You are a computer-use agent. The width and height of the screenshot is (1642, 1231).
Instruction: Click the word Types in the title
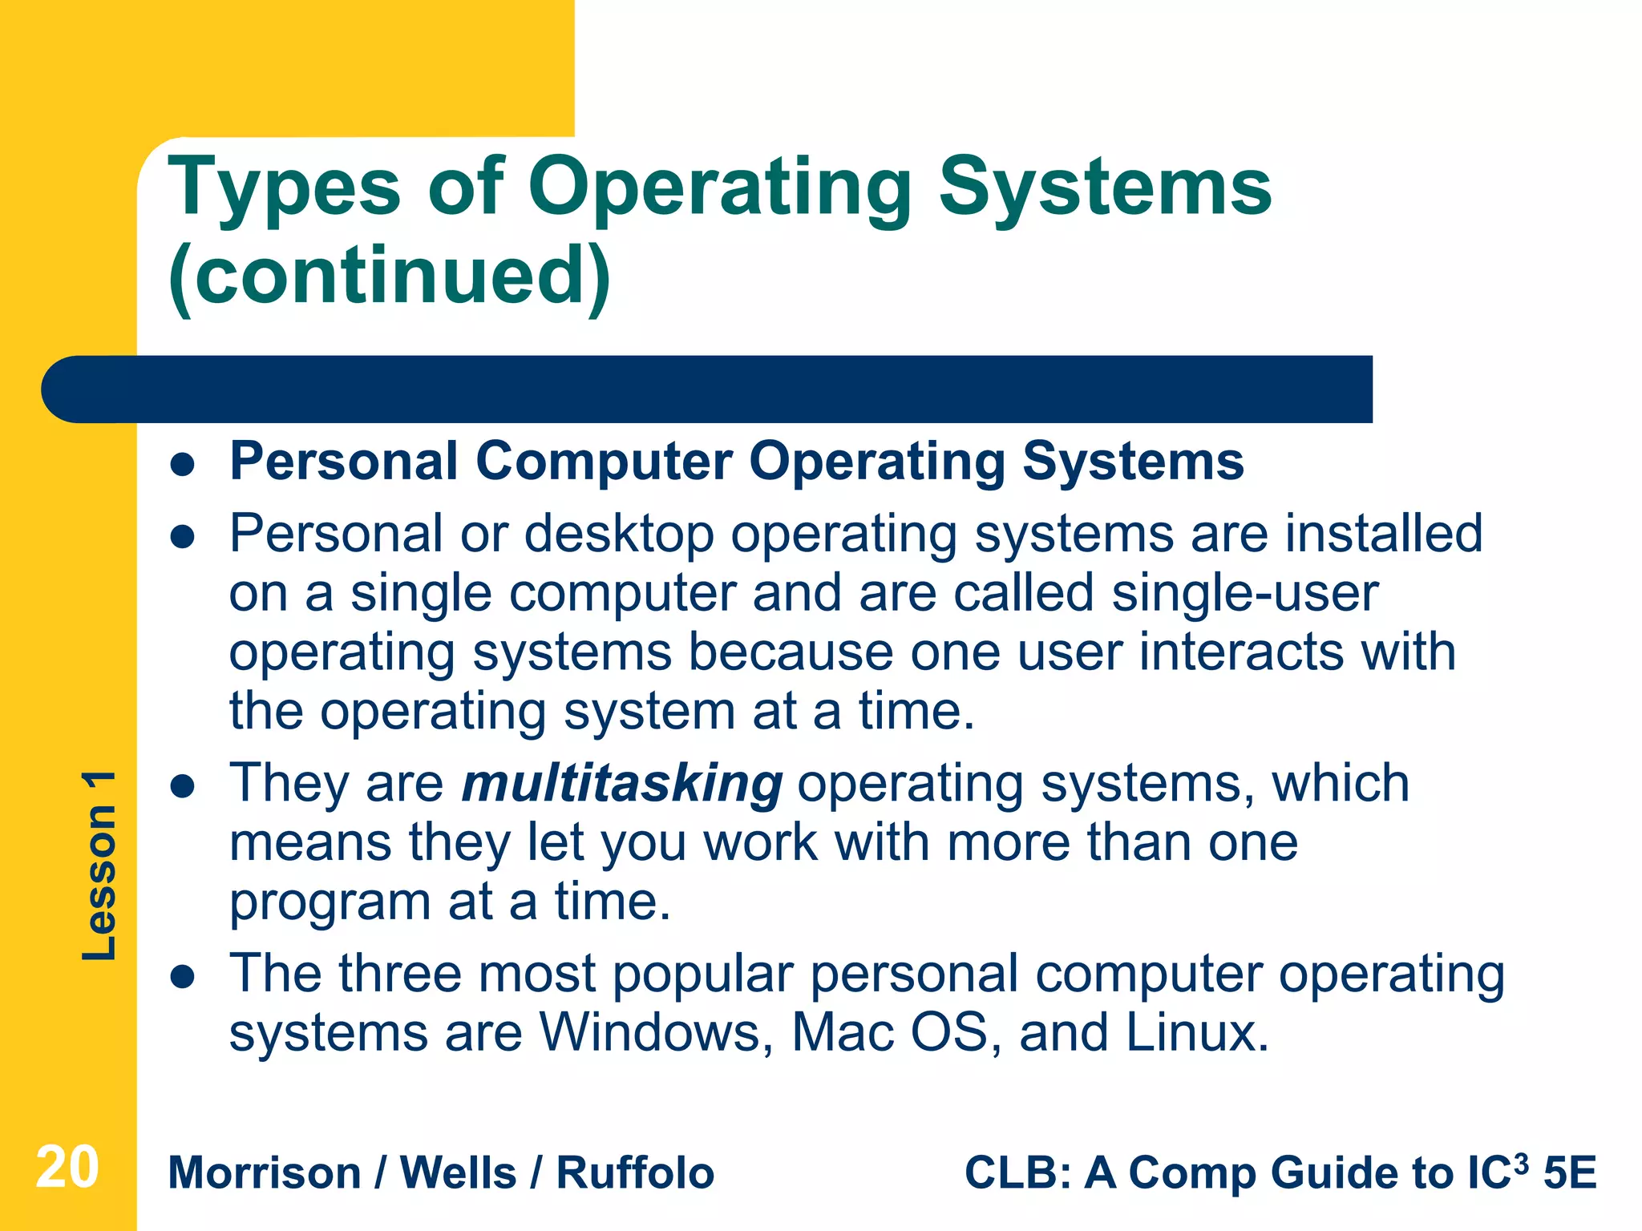[284, 189]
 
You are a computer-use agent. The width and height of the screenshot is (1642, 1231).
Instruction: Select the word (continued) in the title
[390, 276]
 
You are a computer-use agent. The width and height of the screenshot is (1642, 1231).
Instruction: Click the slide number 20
[67, 1168]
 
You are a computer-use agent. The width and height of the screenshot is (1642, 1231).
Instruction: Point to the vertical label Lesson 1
[99, 866]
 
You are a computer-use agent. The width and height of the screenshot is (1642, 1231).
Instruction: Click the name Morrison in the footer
[265, 1173]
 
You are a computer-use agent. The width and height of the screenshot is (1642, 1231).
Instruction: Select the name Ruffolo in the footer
[635, 1173]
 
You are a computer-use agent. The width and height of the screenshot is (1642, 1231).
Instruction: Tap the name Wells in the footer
[458, 1173]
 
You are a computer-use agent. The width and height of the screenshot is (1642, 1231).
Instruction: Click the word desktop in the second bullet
[618, 535]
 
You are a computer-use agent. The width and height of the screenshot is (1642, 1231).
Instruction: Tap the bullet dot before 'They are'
[184, 786]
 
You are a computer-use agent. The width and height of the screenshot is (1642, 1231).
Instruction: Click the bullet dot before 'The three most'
[184, 976]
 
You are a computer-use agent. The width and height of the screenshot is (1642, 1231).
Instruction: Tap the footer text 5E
[1570, 1173]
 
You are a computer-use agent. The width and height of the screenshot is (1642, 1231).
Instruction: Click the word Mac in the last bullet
[842, 1032]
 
